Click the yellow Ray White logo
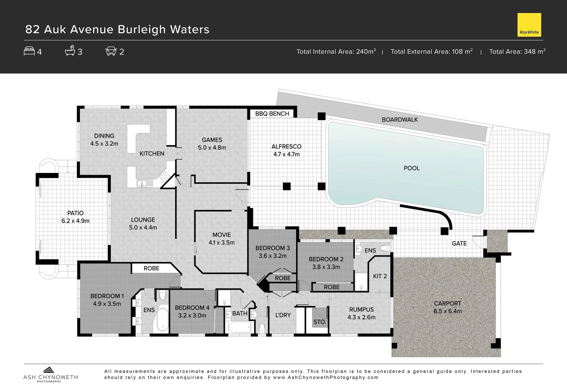coord(529,25)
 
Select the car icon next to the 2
coord(111,51)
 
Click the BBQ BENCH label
coord(272,114)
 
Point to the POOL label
coord(412,168)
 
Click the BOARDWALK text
coord(400,120)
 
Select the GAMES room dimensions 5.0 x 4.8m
coord(212,148)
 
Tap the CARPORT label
coord(447,304)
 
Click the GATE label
coord(459,244)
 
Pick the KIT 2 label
coord(380,276)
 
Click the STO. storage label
coord(319,322)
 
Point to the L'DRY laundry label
coord(283,315)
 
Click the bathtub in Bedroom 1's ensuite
coord(162,319)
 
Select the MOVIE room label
coord(221,235)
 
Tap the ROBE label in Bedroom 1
coord(151,268)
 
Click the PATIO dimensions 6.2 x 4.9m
coord(75,221)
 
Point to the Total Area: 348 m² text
coord(517,52)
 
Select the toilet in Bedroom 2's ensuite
coord(385,248)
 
